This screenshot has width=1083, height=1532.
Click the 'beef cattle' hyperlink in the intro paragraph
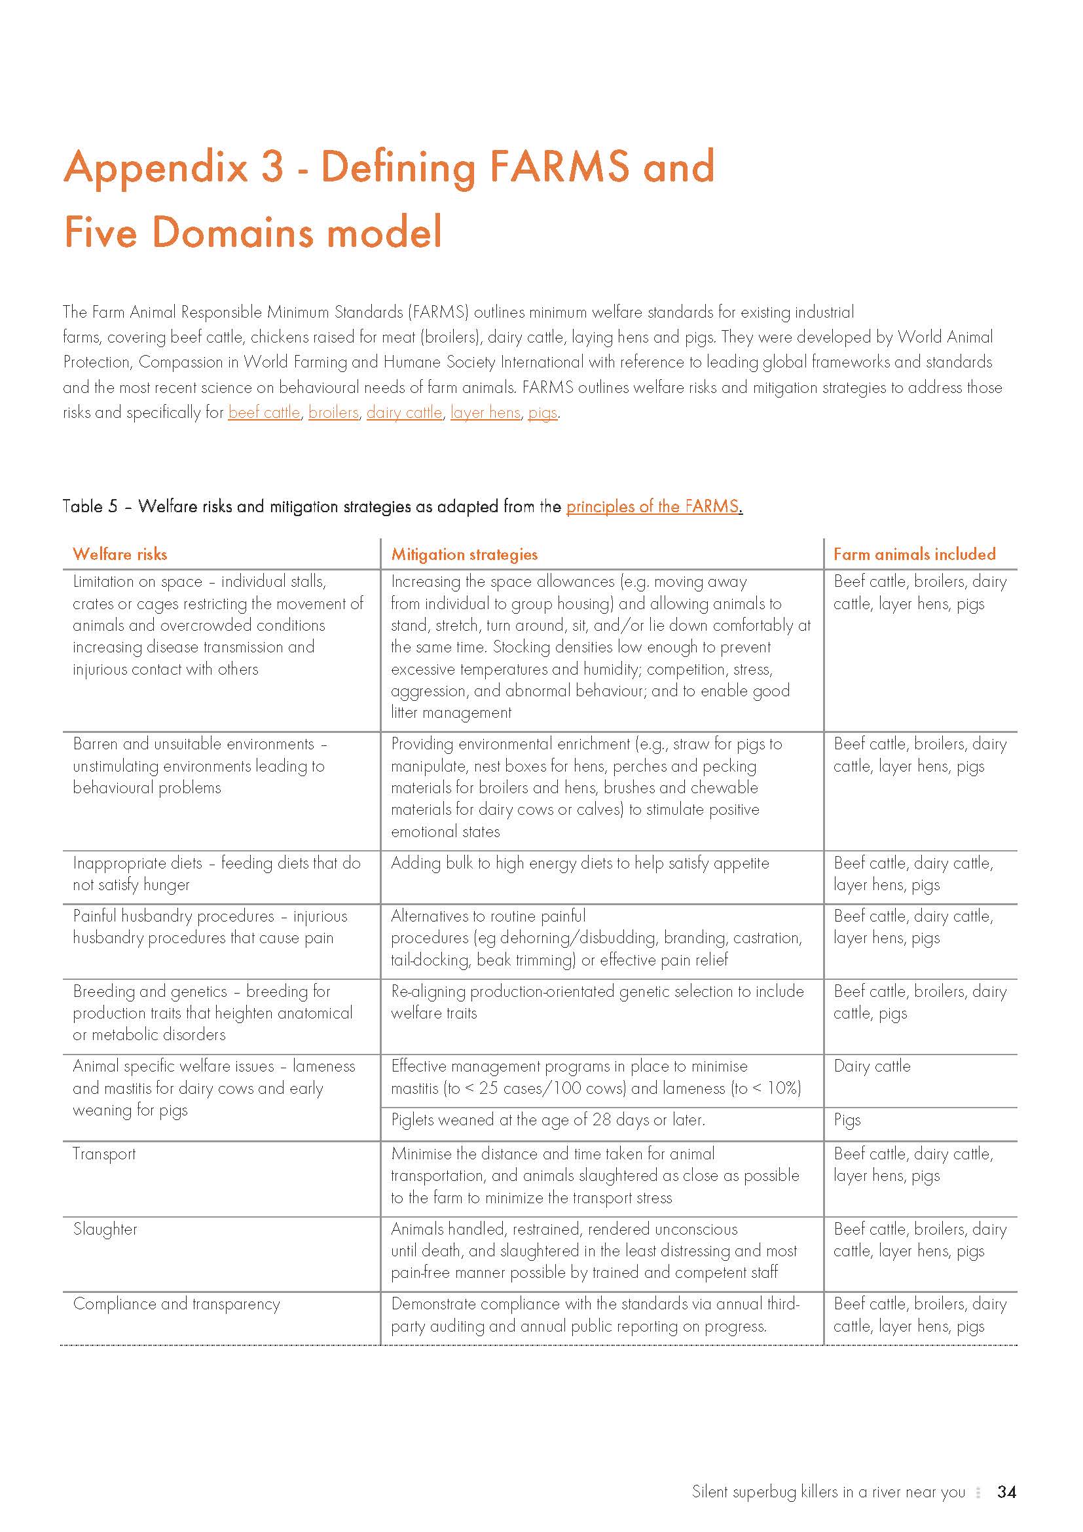tap(264, 413)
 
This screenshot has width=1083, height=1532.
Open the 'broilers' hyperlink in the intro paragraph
tap(333, 413)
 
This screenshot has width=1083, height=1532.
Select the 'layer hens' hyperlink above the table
tap(485, 413)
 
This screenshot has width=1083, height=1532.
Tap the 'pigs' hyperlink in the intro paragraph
tap(542, 413)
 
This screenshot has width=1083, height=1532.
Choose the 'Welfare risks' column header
tap(120, 554)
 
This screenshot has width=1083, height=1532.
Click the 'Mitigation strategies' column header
tap(464, 554)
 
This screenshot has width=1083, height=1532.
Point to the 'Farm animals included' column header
tap(914, 554)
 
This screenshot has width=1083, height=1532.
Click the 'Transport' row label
tap(104, 1153)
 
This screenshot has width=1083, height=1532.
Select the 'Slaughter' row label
tap(105, 1229)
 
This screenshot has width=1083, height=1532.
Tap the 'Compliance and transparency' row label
tap(176, 1304)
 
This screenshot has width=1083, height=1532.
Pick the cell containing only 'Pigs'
tap(847, 1119)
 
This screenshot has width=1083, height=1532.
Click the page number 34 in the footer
tap(1006, 1492)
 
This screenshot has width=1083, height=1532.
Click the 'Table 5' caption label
tap(89, 506)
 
